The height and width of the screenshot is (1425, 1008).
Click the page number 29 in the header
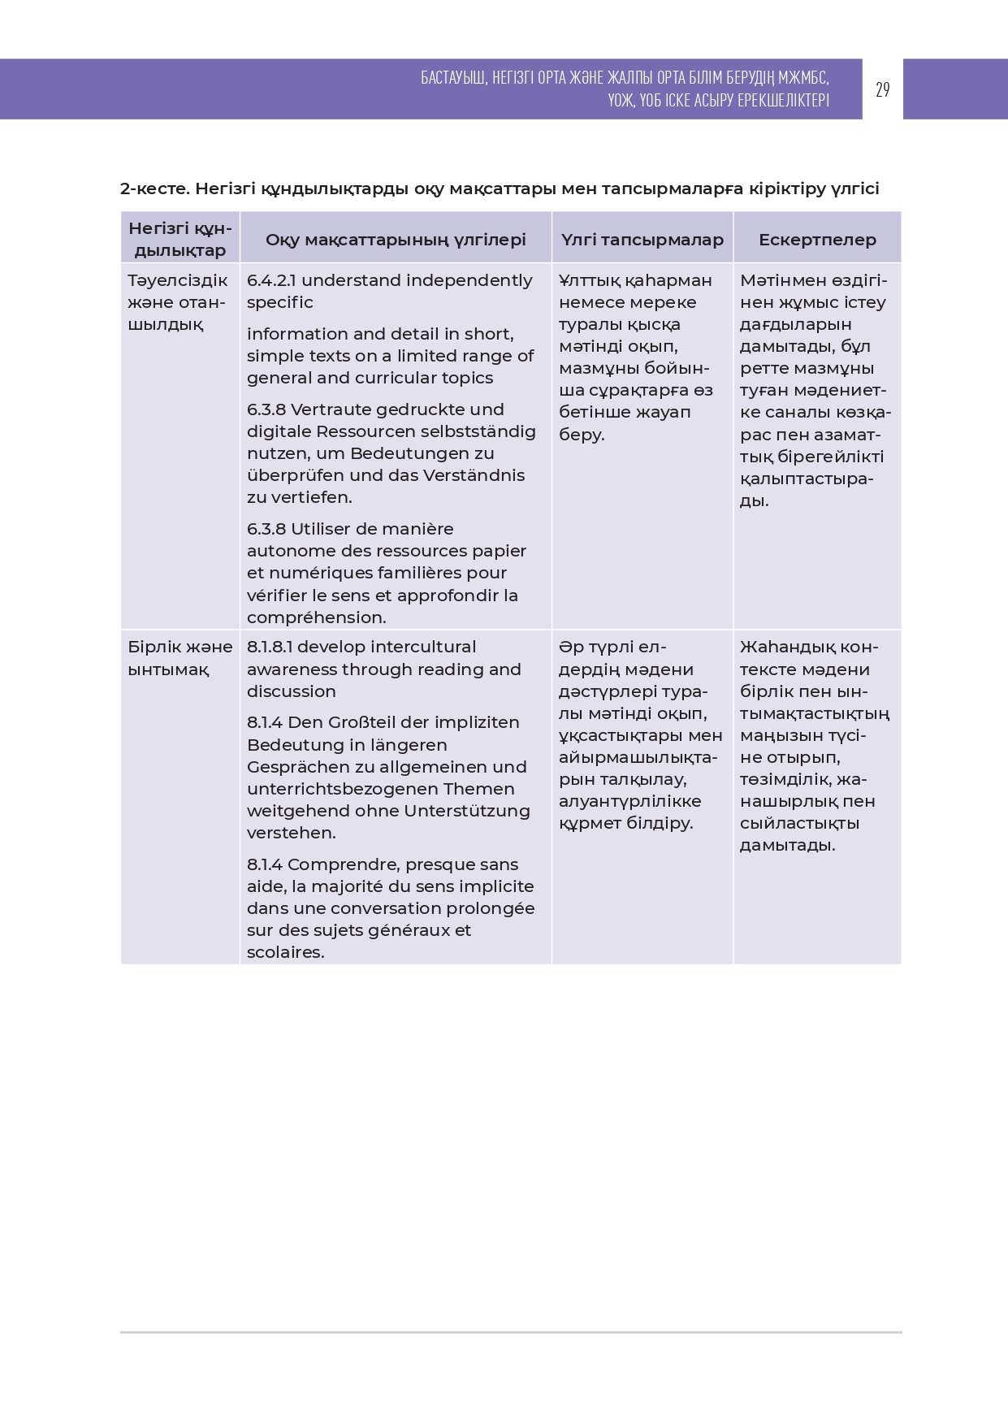pyautogui.click(x=882, y=89)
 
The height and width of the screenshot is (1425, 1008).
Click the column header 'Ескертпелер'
pyautogui.click(x=817, y=240)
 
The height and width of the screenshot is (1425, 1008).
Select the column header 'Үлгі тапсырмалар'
pyautogui.click(x=642, y=240)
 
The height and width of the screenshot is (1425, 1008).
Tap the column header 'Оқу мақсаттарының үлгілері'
pyautogui.click(x=396, y=240)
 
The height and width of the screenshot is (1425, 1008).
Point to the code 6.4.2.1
pyautogui.click(x=271, y=280)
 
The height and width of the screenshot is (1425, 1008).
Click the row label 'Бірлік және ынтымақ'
pyautogui.click(x=180, y=658)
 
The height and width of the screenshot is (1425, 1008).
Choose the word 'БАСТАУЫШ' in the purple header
pyautogui.click(x=453, y=78)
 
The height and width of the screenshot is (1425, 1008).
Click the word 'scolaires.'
pyautogui.click(x=286, y=952)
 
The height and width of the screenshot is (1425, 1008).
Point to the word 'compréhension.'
pyautogui.click(x=317, y=617)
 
